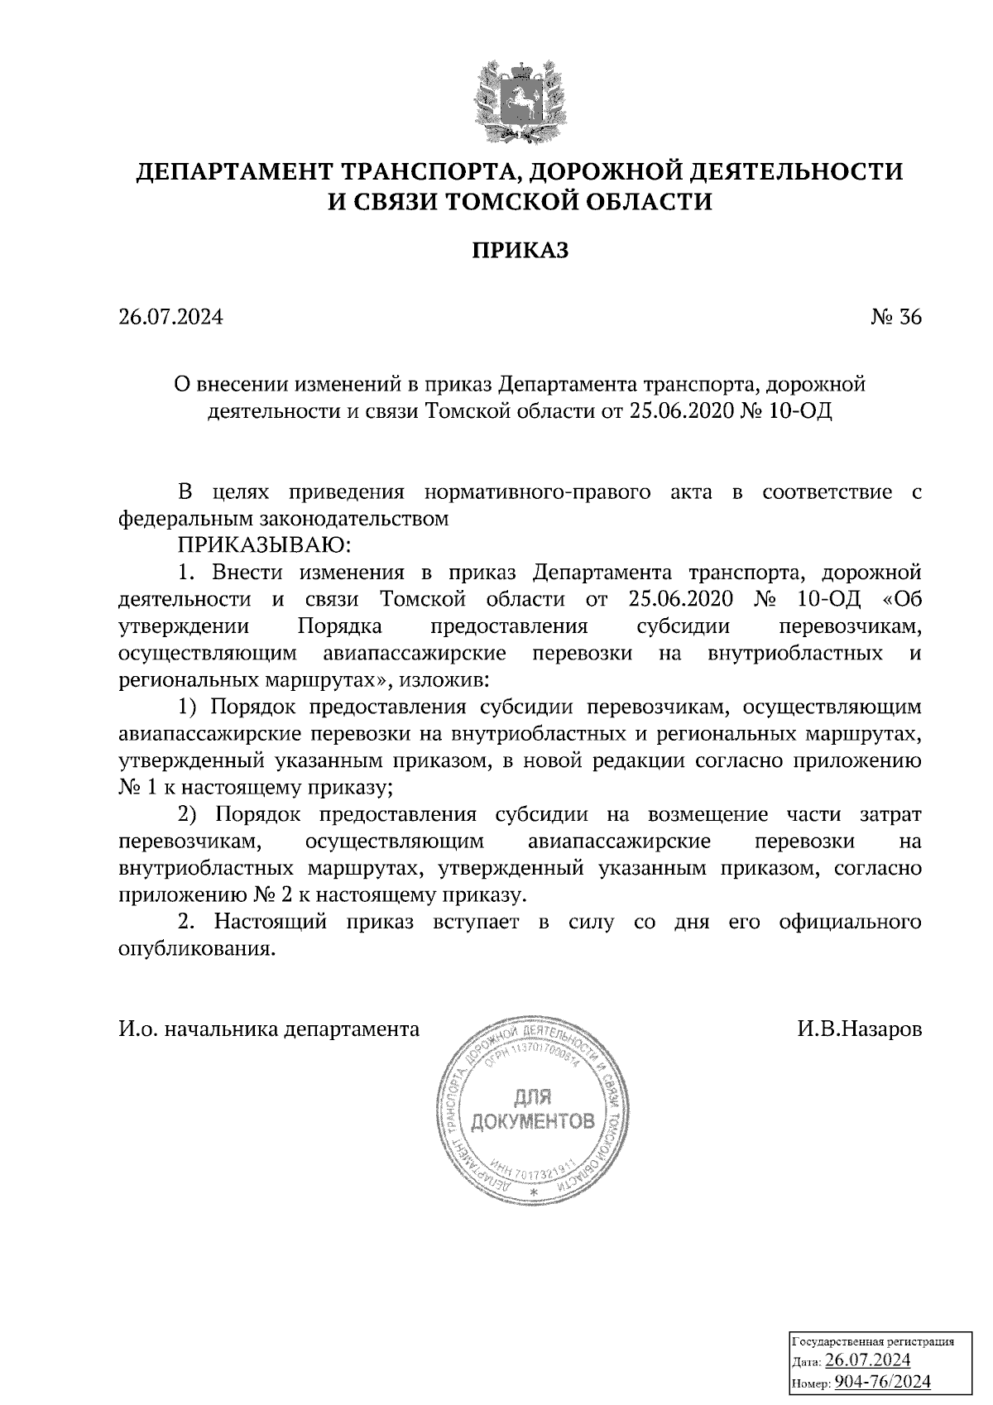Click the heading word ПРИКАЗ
click(x=520, y=251)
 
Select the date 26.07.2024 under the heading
click(x=170, y=318)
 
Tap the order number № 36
click(x=896, y=318)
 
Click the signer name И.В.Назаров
click(x=860, y=1029)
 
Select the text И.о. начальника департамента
click(x=269, y=1029)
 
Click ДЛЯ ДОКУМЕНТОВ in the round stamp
click(x=532, y=1110)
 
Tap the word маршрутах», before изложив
click(x=338, y=681)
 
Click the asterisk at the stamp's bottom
click(x=533, y=1192)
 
